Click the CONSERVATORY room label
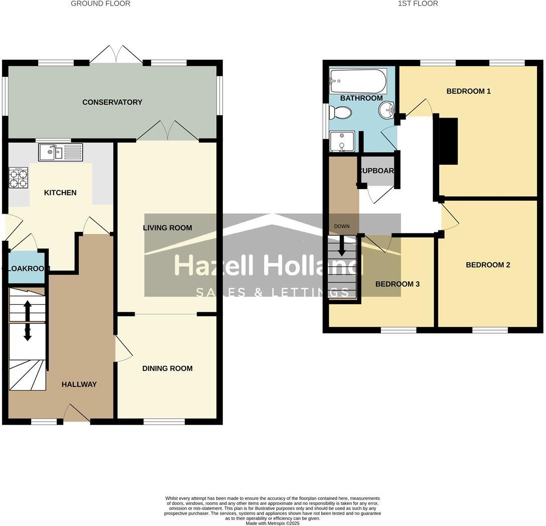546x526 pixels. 112,102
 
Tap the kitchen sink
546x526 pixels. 60,151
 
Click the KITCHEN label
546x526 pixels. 60,193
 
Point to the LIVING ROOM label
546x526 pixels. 167,228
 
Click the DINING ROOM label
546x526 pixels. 167,368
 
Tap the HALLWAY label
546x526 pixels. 79,384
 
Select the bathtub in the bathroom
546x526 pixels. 358,81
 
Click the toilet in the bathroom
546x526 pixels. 340,113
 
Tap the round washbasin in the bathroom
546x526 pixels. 386,110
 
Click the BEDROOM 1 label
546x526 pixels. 468,91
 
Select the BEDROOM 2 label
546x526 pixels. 488,265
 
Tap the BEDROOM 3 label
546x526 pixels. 397,284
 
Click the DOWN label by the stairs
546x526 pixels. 342,226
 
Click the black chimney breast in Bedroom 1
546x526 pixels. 449,141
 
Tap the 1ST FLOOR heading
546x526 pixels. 418,4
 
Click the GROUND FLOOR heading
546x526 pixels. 100,4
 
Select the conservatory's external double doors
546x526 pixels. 116,55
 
